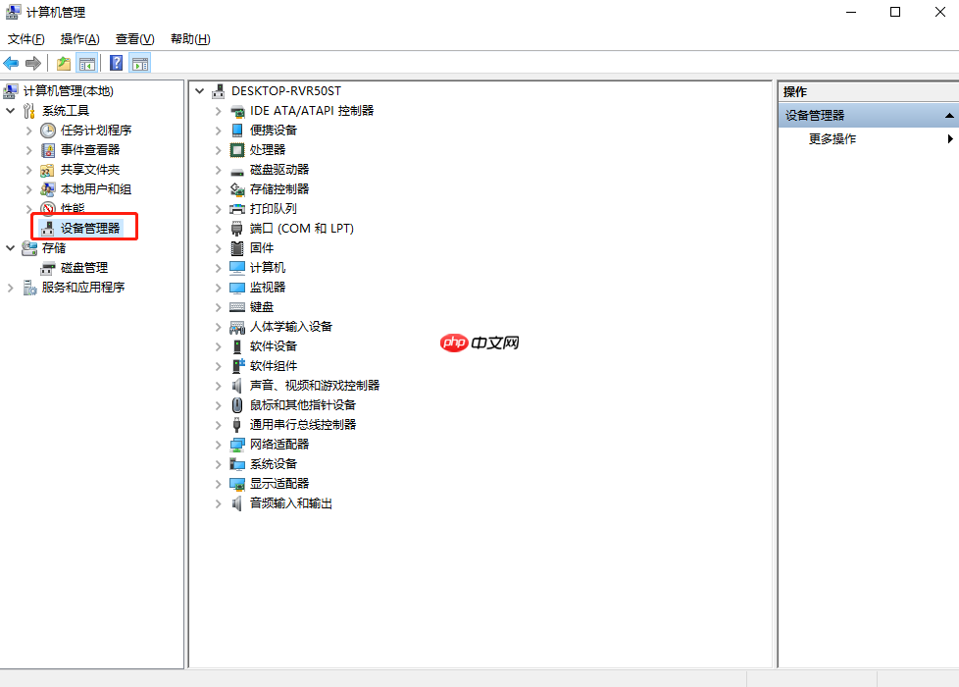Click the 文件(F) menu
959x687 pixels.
click(25, 39)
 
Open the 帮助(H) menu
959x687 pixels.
click(190, 39)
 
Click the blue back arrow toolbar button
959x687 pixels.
click(11, 63)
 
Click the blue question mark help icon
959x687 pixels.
click(117, 63)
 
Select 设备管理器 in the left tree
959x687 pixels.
click(90, 229)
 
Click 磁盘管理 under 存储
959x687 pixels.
click(84, 268)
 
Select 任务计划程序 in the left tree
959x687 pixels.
click(96, 131)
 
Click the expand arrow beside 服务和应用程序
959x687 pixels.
click(11, 288)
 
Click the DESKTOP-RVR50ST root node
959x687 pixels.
click(286, 91)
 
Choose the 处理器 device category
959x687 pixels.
click(268, 150)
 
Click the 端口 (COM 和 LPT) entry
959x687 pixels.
click(301, 229)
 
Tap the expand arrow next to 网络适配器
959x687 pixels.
click(219, 445)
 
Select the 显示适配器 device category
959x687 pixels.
click(279, 484)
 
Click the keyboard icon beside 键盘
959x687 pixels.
click(237, 307)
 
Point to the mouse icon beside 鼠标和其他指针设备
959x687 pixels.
click(237, 405)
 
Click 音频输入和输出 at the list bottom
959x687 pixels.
click(291, 503)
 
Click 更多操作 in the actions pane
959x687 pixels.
click(833, 139)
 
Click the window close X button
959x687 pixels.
click(940, 12)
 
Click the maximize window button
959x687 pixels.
click(895, 12)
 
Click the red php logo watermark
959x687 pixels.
click(454, 343)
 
